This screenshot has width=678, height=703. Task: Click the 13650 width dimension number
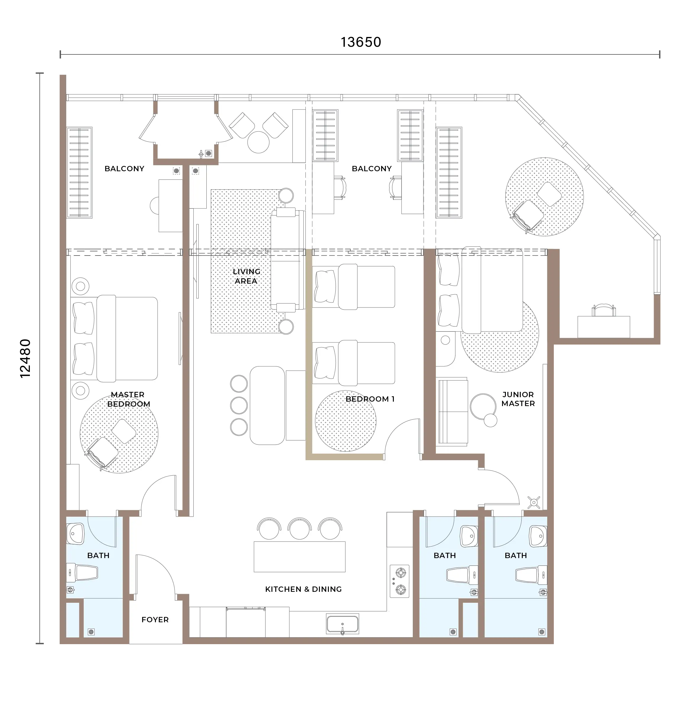click(x=361, y=42)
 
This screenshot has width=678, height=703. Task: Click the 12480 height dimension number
click(x=25, y=358)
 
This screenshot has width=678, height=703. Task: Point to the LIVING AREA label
click(x=246, y=276)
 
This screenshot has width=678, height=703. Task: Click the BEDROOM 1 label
click(x=370, y=399)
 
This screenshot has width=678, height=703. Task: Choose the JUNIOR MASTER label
click(x=518, y=399)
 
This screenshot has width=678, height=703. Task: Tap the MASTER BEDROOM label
click(x=128, y=399)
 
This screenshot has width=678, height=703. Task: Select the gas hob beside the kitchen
click(x=399, y=581)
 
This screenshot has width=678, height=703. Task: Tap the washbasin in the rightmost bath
click(x=538, y=536)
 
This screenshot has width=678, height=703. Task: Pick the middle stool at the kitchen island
click(x=300, y=529)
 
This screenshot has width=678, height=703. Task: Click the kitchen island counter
click(x=300, y=557)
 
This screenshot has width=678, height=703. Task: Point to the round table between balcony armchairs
click(x=258, y=142)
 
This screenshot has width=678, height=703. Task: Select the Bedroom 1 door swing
click(x=398, y=429)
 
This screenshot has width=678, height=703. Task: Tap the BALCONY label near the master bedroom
click(x=124, y=169)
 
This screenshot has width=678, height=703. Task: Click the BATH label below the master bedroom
click(x=98, y=555)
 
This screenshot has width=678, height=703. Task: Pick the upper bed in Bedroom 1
click(x=354, y=287)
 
